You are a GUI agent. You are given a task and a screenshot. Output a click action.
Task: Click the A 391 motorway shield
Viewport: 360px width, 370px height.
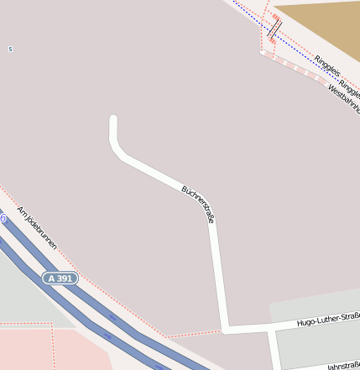coord(61,278)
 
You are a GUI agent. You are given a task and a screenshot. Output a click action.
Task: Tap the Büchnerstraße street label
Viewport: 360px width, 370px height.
coord(198,204)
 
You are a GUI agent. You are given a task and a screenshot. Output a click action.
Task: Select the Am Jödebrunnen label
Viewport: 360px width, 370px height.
coord(37,227)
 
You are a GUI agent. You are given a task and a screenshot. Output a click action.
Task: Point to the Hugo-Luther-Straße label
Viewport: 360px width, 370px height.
coord(328,319)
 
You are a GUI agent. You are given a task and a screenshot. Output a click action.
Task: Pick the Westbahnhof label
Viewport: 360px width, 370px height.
coord(343,100)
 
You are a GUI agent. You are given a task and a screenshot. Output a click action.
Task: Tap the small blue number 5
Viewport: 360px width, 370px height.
coord(10,50)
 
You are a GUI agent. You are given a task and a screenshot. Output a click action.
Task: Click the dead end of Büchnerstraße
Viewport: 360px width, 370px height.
coord(113,119)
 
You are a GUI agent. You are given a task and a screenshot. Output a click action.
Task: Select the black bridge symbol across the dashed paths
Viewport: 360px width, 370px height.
coord(274,29)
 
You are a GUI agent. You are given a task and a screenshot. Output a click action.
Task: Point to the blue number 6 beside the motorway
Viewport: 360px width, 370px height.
coord(3,218)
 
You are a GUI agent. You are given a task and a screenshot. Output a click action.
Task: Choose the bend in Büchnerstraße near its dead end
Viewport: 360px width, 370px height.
coord(117,152)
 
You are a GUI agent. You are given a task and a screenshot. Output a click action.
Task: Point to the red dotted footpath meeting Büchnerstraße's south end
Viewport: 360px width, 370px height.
coord(193,333)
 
